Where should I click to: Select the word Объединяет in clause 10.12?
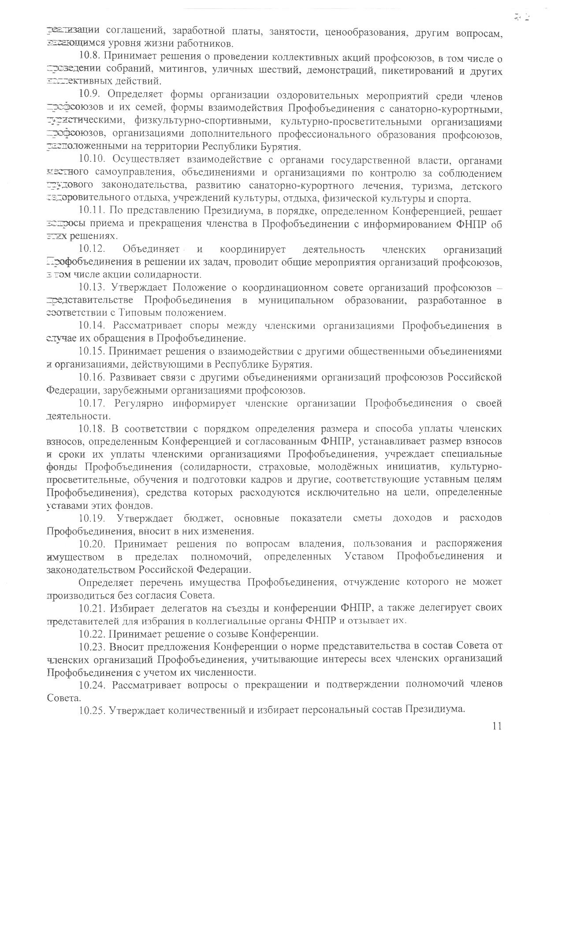[x=150, y=250]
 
